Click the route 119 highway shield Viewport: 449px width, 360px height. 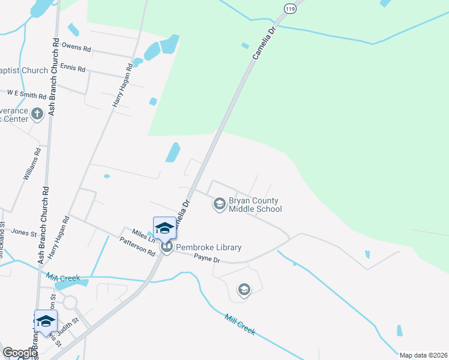coord(290,9)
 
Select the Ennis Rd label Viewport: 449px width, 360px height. coord(72,69)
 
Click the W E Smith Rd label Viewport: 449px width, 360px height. coord(27,95)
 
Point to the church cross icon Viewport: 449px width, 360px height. coord(37,113)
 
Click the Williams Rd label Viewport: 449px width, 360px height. coord(32,165)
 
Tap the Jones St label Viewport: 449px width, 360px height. coord(20,232)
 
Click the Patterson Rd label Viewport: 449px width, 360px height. coord(137,246)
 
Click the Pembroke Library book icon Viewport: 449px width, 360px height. coord(166,246)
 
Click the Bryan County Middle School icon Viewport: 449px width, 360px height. coord(219,205)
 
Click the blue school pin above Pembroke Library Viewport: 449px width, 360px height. coord(164,228)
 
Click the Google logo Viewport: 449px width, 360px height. coord(19,353)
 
